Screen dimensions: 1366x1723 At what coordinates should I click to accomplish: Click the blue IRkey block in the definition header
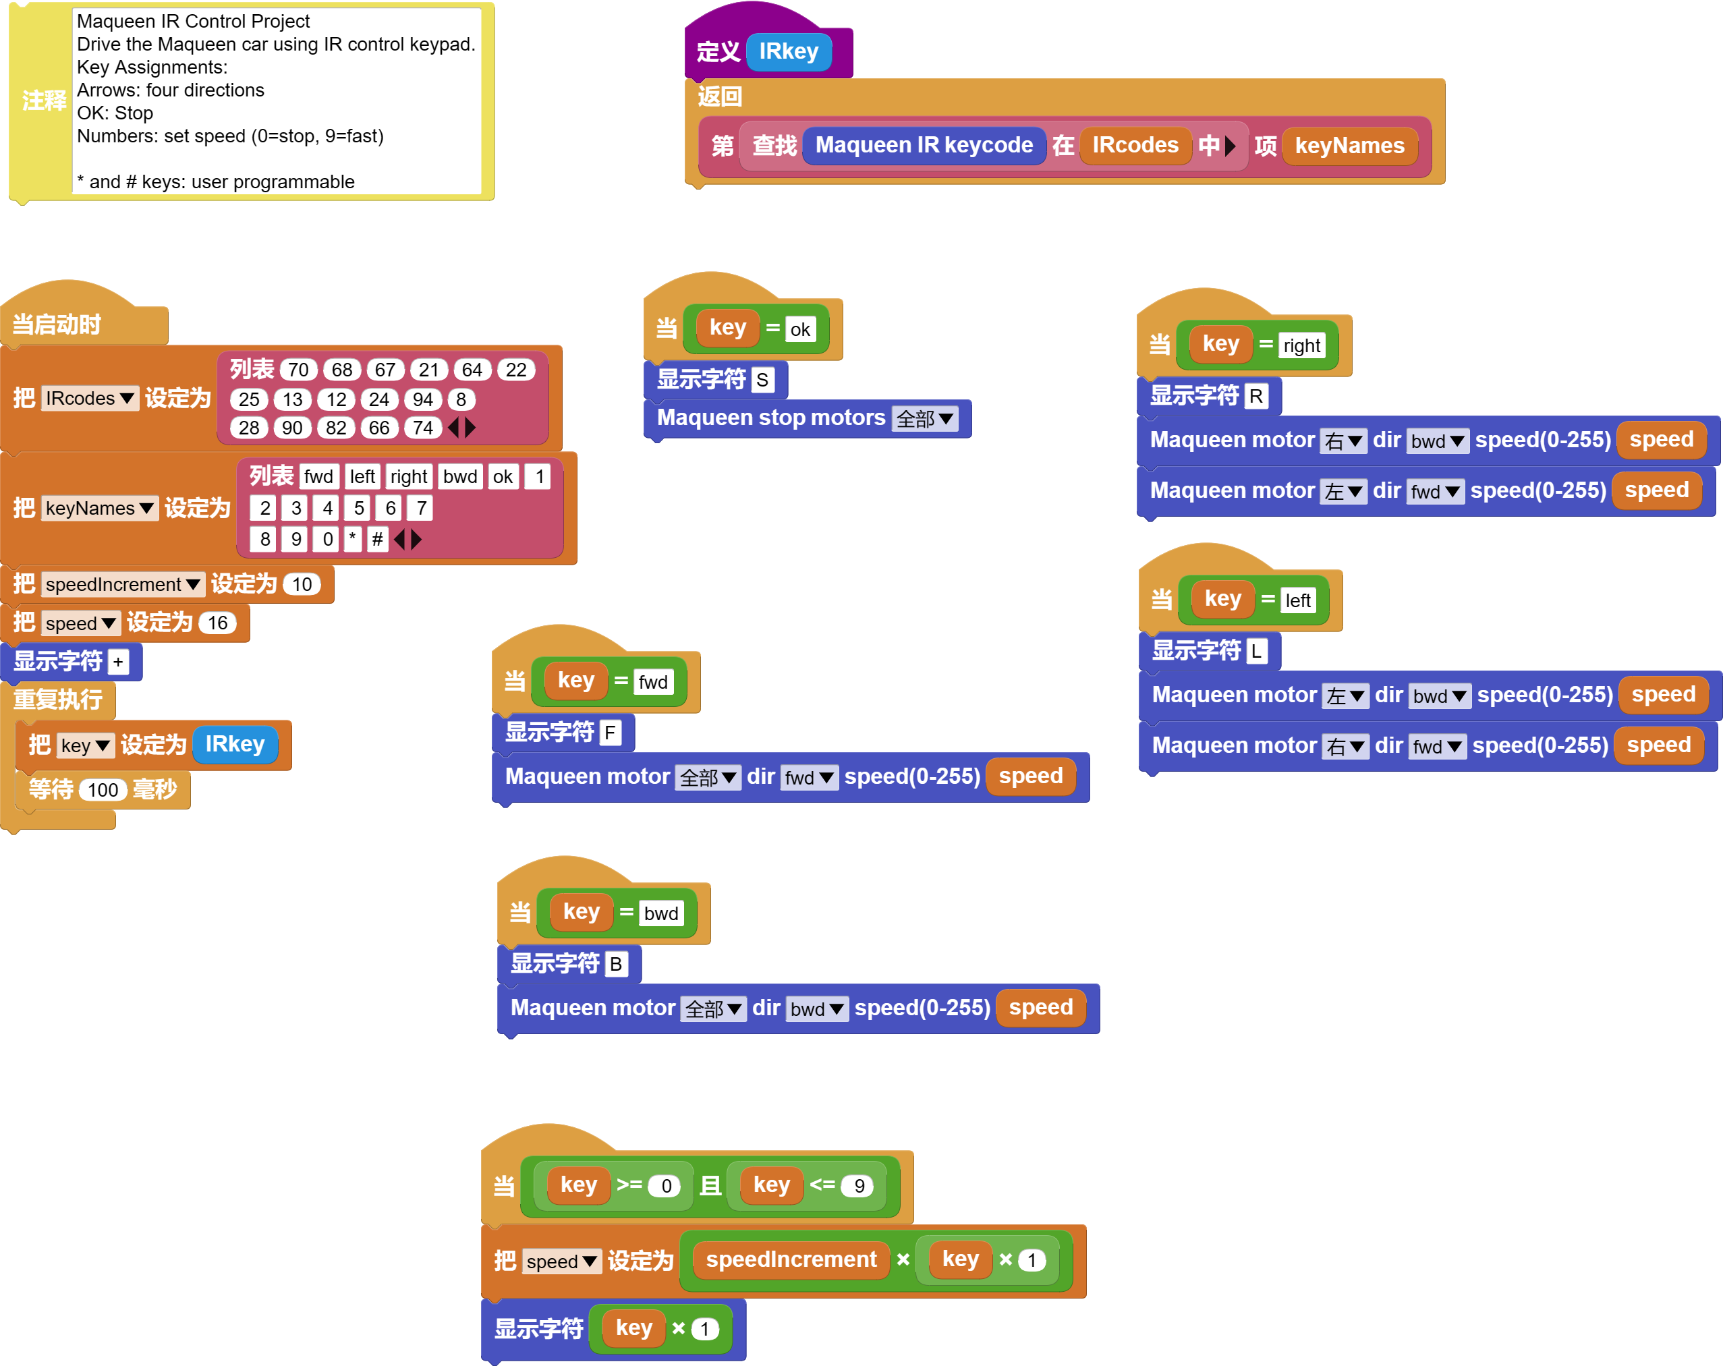(x=788, y=52)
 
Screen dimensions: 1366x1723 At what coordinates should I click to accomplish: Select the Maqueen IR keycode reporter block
(x=923, y=146)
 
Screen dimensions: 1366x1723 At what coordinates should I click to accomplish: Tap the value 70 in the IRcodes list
(x=298, y=370)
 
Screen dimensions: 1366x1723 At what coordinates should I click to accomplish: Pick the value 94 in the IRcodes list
(x=423, y=399)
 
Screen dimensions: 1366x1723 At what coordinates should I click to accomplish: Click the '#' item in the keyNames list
(x=377, y=540)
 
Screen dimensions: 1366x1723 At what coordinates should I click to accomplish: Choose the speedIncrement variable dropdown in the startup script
(x=122, y=584)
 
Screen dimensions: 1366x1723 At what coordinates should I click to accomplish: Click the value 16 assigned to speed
(x=217, y=623)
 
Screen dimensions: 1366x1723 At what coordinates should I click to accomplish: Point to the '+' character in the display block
(x=118, y=662)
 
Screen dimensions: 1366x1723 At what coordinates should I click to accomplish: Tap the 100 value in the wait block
(x=103, y=791)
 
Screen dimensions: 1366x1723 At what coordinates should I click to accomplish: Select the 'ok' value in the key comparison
(x=800, y=329)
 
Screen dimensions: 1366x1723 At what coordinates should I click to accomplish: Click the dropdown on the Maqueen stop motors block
(x=925, y=419)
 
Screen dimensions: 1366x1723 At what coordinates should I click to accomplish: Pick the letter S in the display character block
(x=762, y=380)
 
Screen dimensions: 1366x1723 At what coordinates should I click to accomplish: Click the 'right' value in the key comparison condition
(x=1301, y=346)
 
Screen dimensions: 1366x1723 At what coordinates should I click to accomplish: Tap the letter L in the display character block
(x=1256, y=652)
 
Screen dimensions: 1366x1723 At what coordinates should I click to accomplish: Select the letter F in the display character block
(x=610, y=733)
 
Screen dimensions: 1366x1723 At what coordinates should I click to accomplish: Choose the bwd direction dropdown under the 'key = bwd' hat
(x=816, y=1008)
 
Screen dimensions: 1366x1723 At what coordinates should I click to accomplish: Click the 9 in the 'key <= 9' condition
(x=859, y=1186)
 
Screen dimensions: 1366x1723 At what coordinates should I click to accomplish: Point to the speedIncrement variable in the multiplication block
(x=791, y=1259)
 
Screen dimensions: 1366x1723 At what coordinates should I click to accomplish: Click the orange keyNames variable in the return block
(x=1349, y=146)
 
